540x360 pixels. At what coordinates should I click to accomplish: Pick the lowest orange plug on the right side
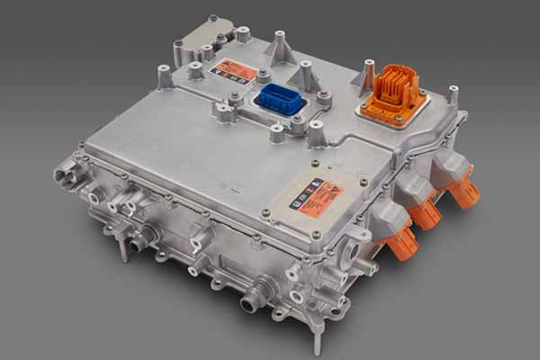point(402,241)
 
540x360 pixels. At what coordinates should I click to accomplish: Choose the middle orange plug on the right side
point(425,213)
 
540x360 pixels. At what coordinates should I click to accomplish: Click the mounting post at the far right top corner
point(453,94)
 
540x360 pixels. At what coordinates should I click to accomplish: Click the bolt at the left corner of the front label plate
point(266,212)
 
